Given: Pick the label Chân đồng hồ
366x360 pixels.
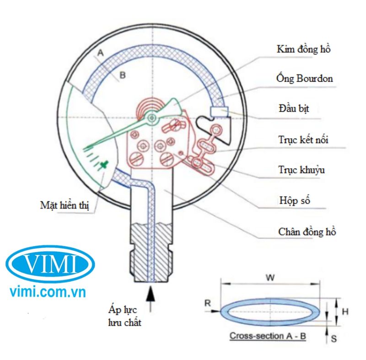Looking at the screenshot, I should point(307,231).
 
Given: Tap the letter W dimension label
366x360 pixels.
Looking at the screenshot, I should point(271,277).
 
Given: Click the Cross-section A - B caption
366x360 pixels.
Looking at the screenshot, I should point(268,336).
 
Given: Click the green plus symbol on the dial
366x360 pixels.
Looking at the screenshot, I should point(106,163).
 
